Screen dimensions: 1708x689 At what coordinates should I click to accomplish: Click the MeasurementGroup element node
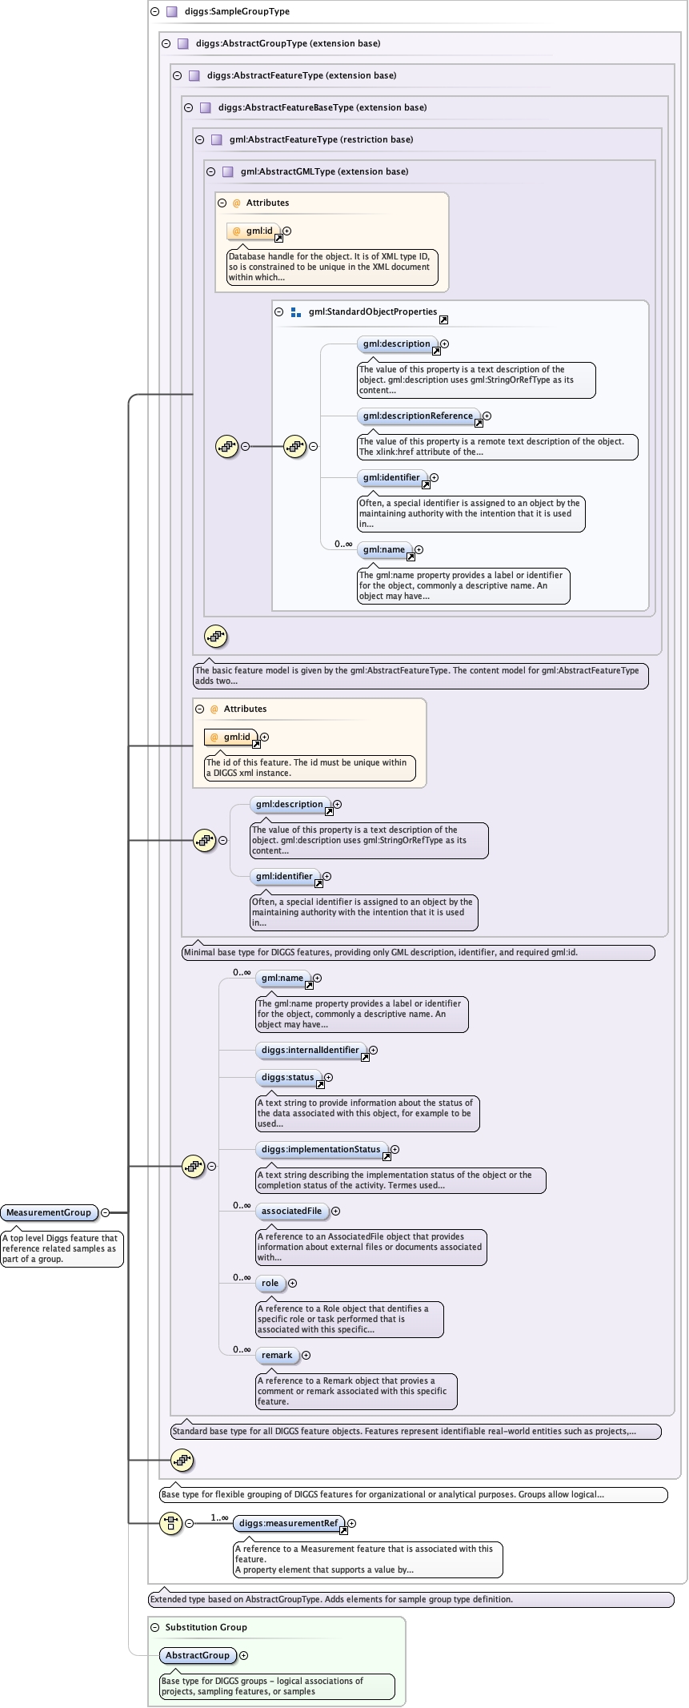[49, 1212]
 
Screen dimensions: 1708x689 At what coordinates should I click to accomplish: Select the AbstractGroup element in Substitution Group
[197, 1655]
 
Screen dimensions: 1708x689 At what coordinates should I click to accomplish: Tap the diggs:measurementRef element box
[288, 1523]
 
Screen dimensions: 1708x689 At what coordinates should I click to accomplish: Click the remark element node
[277, 1355]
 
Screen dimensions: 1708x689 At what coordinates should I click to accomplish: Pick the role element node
[270, 1283]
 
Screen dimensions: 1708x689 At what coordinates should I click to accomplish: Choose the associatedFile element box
[291, 1211]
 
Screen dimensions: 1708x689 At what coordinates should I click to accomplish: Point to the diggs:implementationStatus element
[320, 1149]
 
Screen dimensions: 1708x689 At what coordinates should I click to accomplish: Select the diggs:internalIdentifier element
[310, 1050]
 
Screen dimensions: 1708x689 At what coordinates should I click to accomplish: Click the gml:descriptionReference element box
[417, 416]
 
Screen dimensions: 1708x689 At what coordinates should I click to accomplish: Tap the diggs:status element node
[287, 1077]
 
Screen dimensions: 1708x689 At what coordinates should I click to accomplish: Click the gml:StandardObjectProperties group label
[372, 311]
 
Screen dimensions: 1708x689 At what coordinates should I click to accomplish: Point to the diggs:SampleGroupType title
[237, 12]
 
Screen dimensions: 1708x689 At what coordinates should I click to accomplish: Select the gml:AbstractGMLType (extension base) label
[324, 171]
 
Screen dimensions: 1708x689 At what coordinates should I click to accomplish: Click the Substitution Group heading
[206, 1627]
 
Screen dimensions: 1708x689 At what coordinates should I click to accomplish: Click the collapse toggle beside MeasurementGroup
[105, 1212]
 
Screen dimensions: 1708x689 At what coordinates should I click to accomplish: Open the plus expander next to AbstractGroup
[244, 1655]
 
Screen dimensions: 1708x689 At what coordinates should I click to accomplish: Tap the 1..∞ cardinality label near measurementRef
[219, 1517]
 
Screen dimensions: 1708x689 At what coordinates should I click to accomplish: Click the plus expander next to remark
[306, 1355]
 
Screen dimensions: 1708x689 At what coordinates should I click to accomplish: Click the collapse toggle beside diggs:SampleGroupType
[154, 12]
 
